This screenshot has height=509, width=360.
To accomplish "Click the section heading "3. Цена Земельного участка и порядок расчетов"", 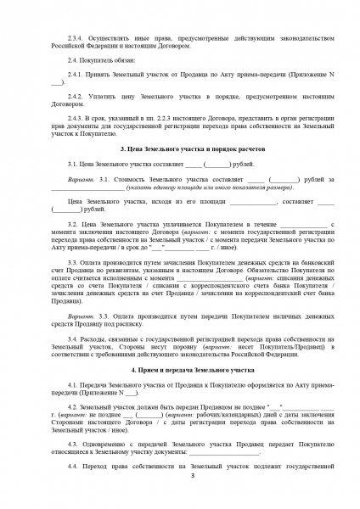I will (x=180, y=148).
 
